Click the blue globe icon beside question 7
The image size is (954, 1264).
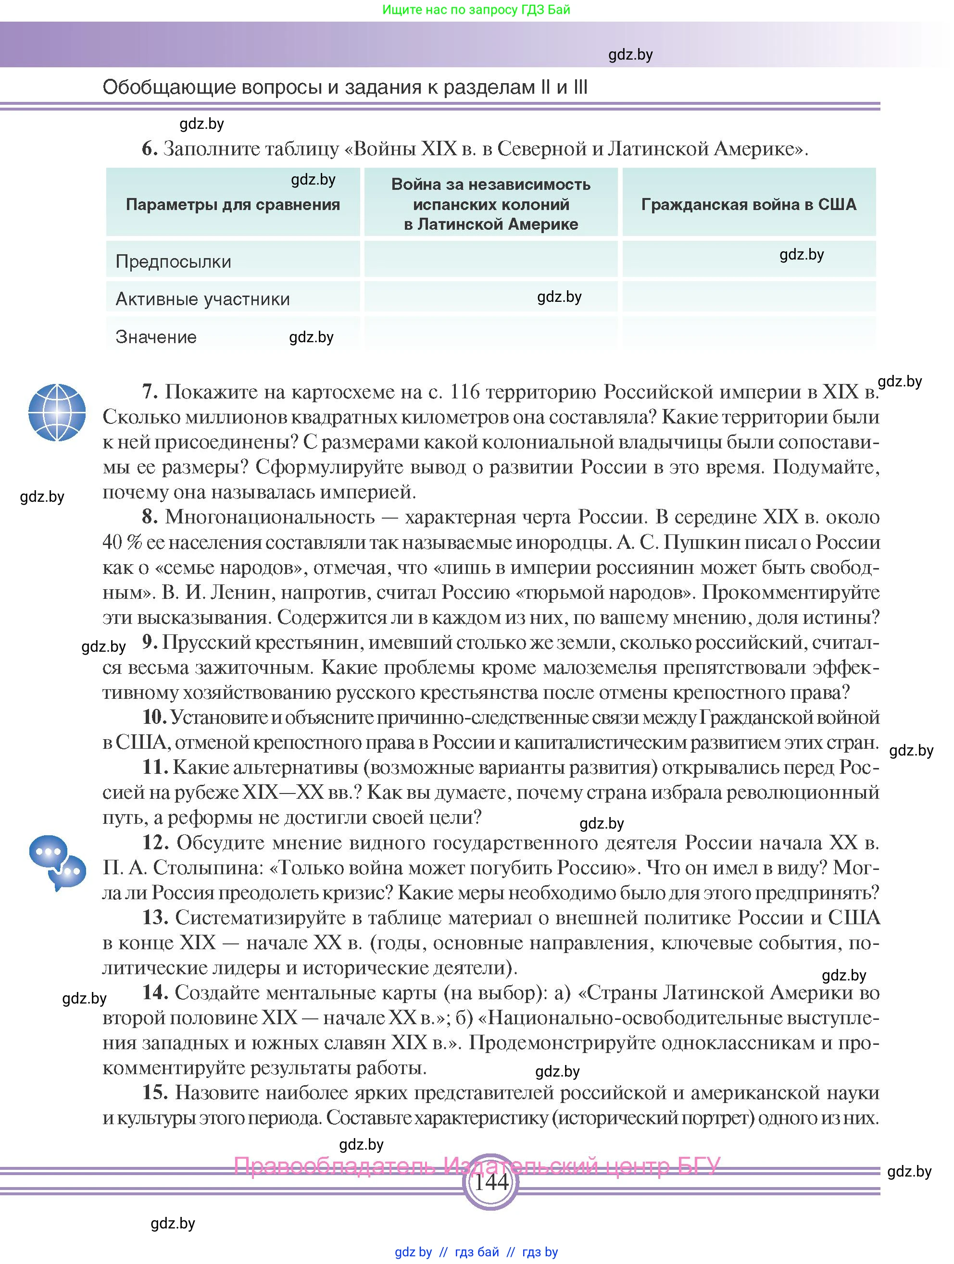pyautogui.click(x=57, y=412)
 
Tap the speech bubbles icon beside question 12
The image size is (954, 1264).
pyautogui.click(x=57, y=863)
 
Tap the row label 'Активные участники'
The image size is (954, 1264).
pyautogui.click(x=202, y=299)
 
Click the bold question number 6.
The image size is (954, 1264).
pyautogui.click(x=149, y=149)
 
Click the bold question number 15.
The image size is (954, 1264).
pyautogui.click(x=155, y=1092)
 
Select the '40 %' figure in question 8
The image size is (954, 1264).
pyautogui.click(x=122, y=542)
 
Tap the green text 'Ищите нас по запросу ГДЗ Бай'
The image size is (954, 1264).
pyautogui.click(x=476, y=10)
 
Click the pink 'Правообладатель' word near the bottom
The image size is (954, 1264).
pyautogui.click(x=334, y=1165)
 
